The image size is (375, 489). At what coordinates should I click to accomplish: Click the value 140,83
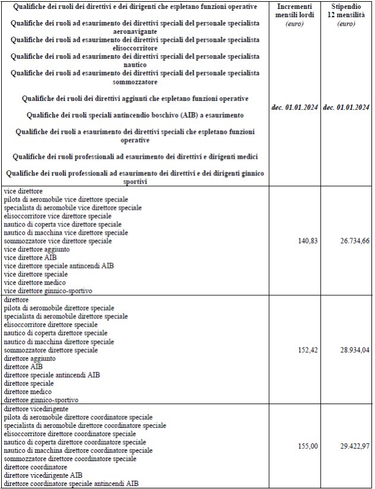307,242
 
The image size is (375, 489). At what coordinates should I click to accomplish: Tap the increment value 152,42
307,351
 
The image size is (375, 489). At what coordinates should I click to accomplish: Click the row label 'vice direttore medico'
36,283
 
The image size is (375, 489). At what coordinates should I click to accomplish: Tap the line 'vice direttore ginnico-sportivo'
48,291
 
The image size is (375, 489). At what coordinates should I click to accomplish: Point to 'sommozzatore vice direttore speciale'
58,242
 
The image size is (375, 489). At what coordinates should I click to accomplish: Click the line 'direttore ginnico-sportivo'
41,400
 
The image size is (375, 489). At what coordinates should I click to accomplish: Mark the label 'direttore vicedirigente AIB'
43,475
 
